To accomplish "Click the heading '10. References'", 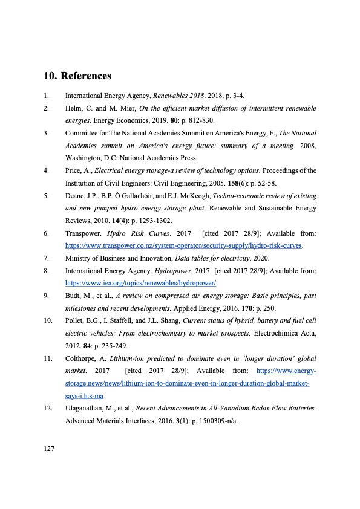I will [77, 76].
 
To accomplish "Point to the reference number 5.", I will [46, 196].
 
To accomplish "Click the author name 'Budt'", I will [74, 296].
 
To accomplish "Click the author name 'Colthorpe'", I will [82, 358].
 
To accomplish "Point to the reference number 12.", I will [48, 409].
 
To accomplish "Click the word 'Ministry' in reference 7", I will [79, 258].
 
